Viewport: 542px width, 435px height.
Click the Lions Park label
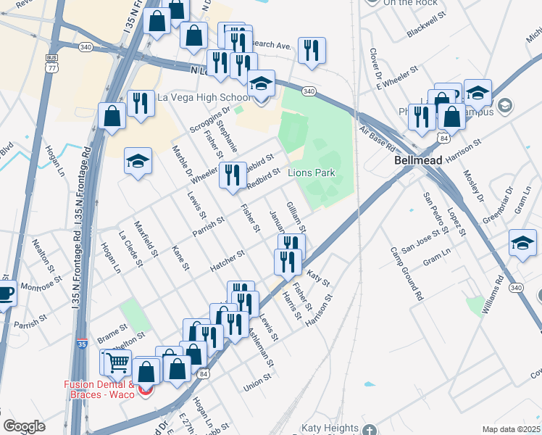(312, 173)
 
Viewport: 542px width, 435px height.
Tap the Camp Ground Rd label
(406, 274)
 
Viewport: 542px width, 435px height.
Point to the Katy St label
(318, 278)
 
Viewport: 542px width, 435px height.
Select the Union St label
(257, 381)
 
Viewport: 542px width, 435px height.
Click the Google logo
(24, 426)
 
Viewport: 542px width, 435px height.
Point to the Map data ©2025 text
(512, 429)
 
